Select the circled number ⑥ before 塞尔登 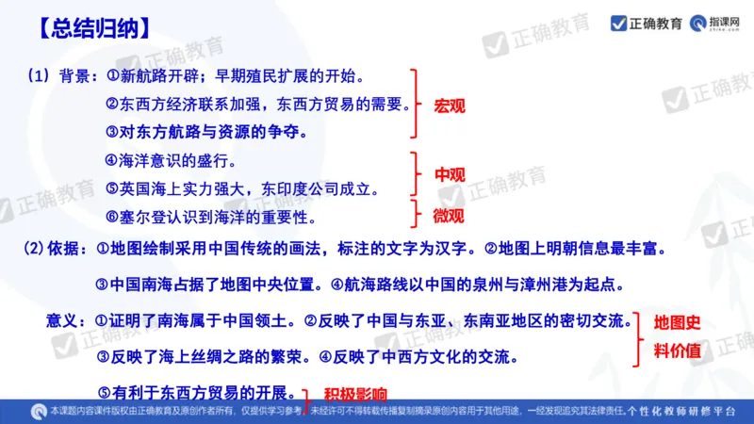(112, 217)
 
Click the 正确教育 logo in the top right (647, 23)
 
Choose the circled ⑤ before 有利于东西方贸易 (105, 391)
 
